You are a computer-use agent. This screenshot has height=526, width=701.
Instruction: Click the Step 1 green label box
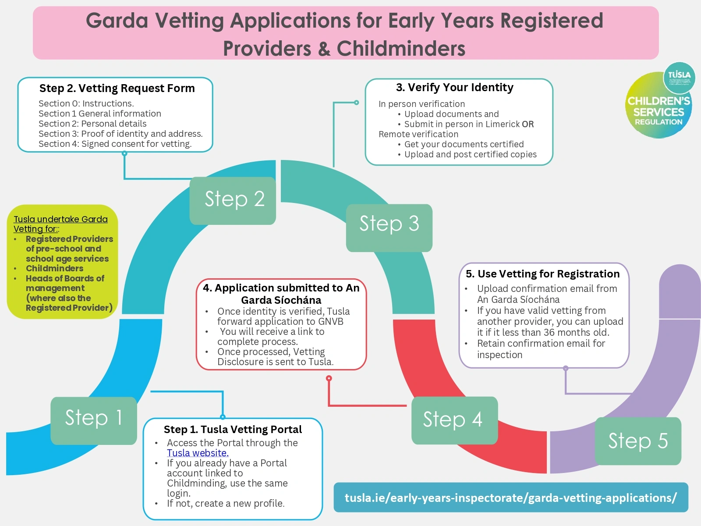[x=93, y=420]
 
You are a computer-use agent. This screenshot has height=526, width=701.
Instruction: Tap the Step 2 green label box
[x=233, y=200]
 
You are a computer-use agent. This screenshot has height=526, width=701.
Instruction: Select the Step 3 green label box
[x=389, y=227]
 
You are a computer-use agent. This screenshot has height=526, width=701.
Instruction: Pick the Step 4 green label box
[x=454, y=420]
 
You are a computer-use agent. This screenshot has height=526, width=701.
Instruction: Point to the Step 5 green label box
[x=637, y=441]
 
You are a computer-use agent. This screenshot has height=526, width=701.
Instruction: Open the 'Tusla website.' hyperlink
[x=198, y=453]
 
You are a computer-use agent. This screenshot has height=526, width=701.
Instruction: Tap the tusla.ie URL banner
[x=510, y=498]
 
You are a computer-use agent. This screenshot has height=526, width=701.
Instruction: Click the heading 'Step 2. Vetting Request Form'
[x=117, y=88]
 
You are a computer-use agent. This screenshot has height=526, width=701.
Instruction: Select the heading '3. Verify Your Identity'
[x=454, y=87]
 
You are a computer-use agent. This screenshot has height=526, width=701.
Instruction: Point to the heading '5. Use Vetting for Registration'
[x=542, y=274]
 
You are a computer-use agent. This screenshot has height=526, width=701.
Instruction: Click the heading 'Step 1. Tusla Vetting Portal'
[x=233, y=429]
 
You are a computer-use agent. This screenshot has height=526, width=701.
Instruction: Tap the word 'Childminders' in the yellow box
[x=54, y=268]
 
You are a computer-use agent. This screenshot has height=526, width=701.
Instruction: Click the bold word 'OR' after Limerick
[x=528, y=124]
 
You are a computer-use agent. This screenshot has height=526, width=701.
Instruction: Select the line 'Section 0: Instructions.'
[x=86, y=103]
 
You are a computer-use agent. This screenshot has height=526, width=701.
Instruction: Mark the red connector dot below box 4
[x=329, y=378]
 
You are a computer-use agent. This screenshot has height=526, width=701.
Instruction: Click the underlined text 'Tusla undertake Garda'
[x=60, y=219]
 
